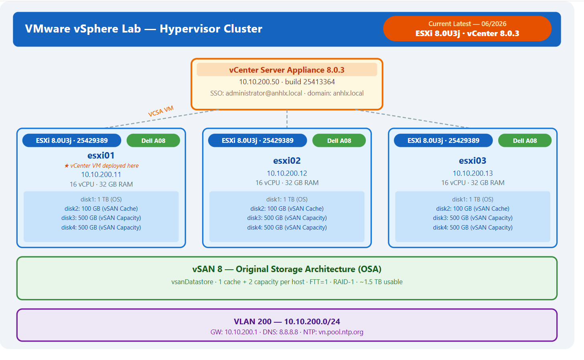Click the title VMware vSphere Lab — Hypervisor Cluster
(144, 29)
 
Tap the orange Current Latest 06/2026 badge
(467, 29)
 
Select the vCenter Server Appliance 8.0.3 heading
(287, 70)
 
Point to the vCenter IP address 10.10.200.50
(259, 82)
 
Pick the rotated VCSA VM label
(160, 112)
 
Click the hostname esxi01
(101, 155)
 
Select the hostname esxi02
(287, 161)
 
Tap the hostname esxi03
(472, 161)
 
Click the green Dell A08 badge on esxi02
(339, 140)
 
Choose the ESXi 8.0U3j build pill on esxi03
(443, 140)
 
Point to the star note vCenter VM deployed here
(101, 166)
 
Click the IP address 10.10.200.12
(287, 173)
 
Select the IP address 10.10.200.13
(472, 173)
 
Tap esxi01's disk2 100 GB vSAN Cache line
(101, 209)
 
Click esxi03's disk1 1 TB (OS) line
(472, 199)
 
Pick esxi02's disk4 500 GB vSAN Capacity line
(287, 228)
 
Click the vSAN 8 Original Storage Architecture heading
(287, 269)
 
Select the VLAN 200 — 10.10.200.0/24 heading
(287, 321)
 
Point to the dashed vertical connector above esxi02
(287, 119)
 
